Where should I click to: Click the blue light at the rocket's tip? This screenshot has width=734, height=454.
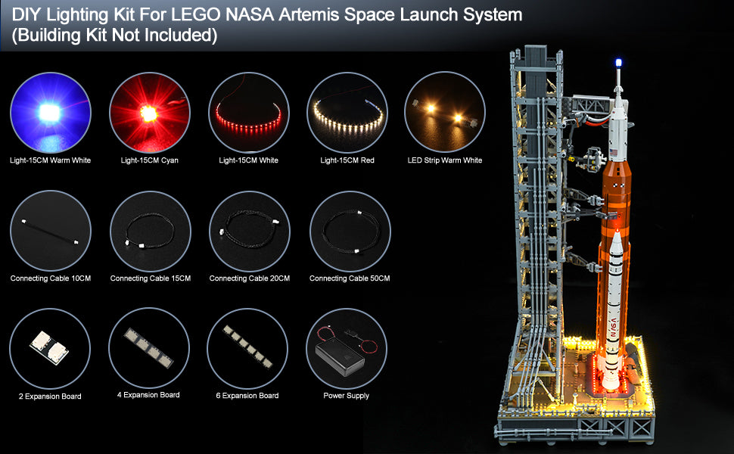pyautogui.click(x=618, y=63)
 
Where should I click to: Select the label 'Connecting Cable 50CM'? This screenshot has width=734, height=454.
pyautogui.click(x=350, y=278)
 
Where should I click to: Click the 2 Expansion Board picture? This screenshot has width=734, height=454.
pyautogui.click(x=50, y=349)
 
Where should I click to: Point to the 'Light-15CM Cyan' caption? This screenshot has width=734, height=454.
pyautogui.click(x=149, y=160)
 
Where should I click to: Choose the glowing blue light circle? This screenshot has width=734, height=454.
pyautogui.click(x=51, y=112)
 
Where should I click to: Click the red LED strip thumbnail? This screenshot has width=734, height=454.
pyautogui.click(x=248, y=112)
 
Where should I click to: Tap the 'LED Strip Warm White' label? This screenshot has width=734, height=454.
pyautogui.click(x=445, y=160)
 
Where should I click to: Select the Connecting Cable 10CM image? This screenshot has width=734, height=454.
pyautogui.click(x=51, y=230)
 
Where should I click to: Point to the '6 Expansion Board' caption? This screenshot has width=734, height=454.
pyautogui.click(x=247, y=396)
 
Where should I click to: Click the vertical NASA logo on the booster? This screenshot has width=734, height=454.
pyautogui.click(x=613, y=328)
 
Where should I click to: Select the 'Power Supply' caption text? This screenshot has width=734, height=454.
pyautogui.click(x=347, y=396)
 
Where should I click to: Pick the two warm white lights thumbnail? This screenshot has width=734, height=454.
pyautogui.click(x=445, y=112)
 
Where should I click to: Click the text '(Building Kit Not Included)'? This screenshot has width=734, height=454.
pyautogui.click(x=115, y=35)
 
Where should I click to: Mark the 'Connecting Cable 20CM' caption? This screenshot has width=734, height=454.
pyautogui.click(x=250, y=278)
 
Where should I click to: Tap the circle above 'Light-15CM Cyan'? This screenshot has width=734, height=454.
pyautogui.click(x=150, y=112)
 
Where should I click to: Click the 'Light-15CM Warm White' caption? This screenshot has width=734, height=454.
pyautogui.click(x=51, y=160)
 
